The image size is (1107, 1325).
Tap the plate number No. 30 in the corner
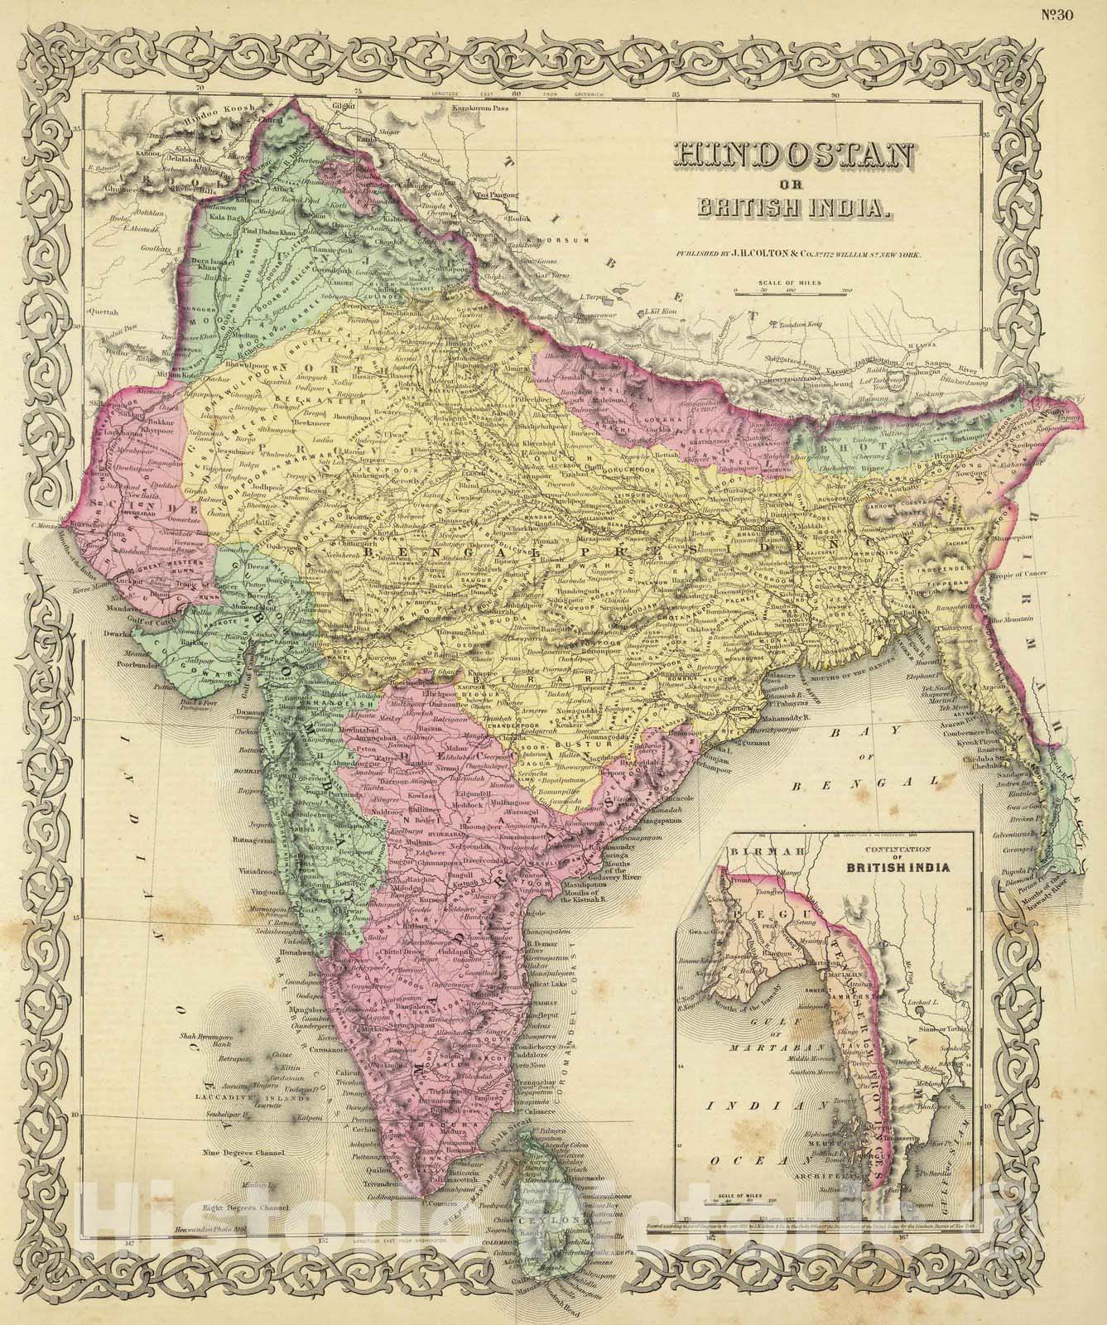point(1080,12)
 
